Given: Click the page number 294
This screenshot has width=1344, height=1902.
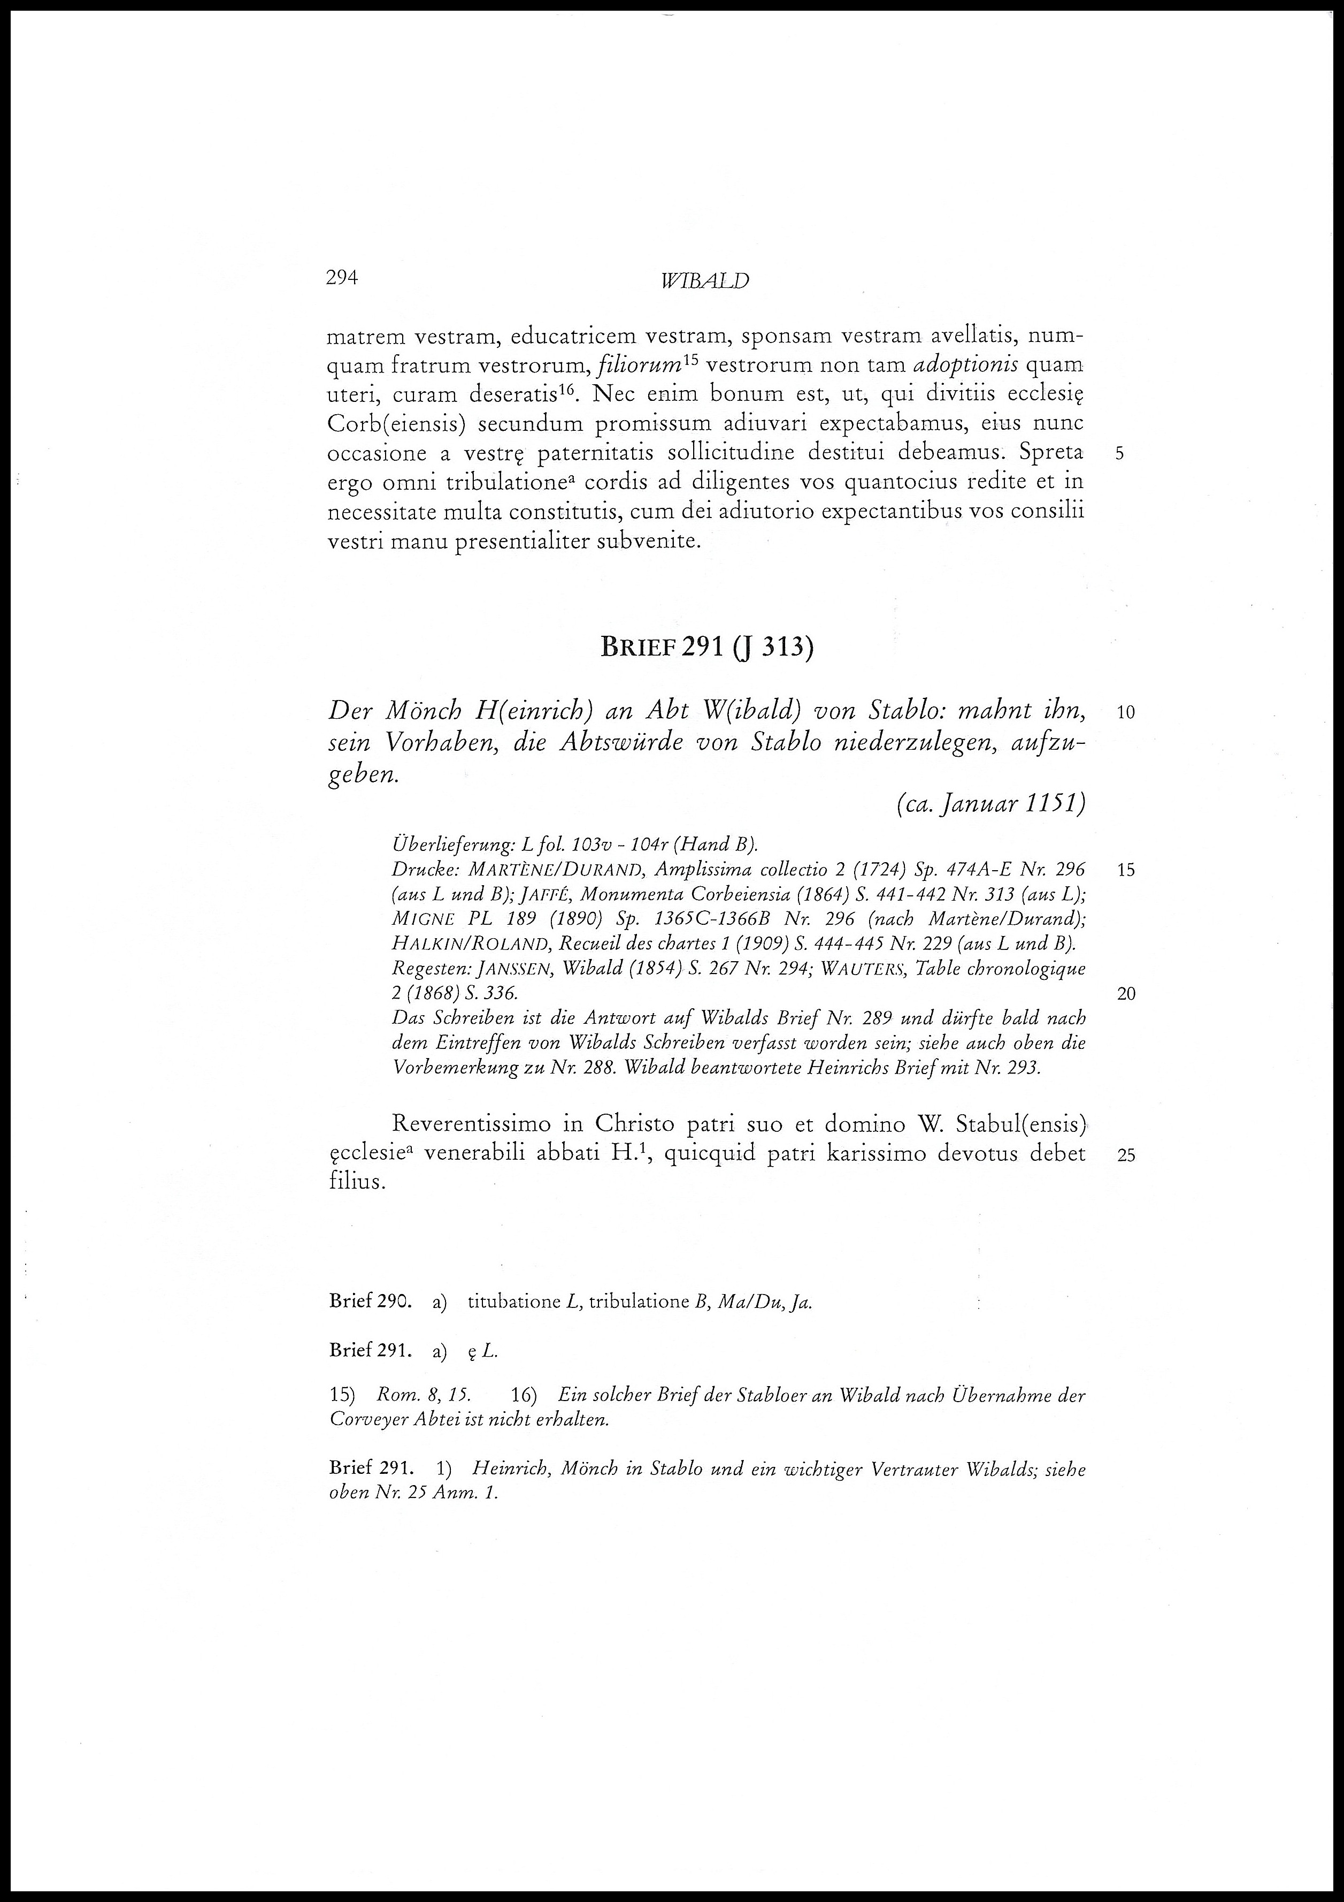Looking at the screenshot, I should (x=341, y=278).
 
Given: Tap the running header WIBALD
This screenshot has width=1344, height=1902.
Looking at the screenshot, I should (x=705, y=282).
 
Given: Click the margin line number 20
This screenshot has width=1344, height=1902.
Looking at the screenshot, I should (x=1126, y=994).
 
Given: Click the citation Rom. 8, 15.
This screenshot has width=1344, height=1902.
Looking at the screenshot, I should (x=423, y=1396).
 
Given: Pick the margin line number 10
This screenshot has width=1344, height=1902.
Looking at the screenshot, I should (x=1126, y=712).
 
